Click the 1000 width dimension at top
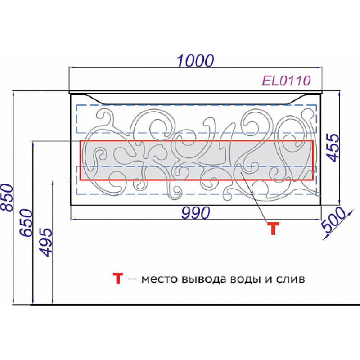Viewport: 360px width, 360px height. (195, 61)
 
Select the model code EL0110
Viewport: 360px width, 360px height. (286, 81)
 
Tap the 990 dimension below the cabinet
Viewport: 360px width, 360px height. (196, 212)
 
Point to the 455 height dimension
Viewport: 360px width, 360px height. (333, 148)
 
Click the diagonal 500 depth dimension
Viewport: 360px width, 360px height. (333, 220)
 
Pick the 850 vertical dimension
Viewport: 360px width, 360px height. (7, 198)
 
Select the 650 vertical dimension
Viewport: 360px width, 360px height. (27, 223)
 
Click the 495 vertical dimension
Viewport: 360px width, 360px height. (46, 242)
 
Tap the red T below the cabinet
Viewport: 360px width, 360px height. (273, 228)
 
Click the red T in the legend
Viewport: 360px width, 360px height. (118, 278)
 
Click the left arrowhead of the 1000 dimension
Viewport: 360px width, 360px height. (71, 67)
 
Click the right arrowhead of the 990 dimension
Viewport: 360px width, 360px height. (319, 220)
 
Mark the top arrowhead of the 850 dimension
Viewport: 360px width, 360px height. (13, 93)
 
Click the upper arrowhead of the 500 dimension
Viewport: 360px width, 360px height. (351, 212)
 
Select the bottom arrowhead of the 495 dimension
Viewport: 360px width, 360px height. (53, 302)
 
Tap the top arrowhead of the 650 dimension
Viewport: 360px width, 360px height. (33, 144)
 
